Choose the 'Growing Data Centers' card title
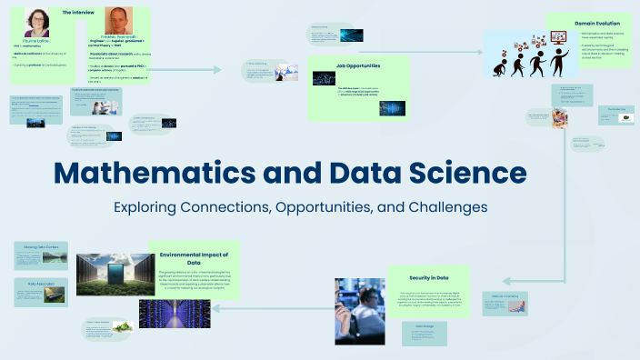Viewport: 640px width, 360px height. [40, 246]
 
